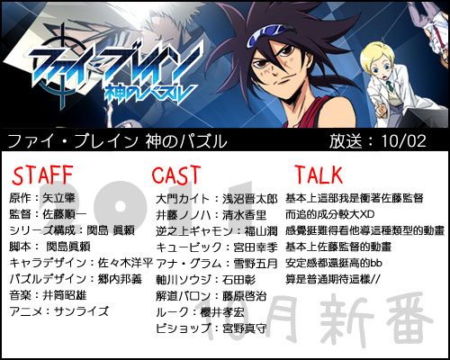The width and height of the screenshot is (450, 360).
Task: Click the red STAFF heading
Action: (42, 175)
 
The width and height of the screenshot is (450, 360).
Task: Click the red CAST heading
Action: (176, 175)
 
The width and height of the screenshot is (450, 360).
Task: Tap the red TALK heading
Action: (319, 175)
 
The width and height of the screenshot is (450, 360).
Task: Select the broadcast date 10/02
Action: (403, 140)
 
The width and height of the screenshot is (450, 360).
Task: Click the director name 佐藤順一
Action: (65, 214)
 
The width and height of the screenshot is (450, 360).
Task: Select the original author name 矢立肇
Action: (58, 198)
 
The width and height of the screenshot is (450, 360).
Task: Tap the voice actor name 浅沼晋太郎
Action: (249, 199)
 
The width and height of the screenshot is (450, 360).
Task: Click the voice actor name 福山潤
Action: (261, 231)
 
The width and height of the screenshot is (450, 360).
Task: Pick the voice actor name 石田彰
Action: (238, 280)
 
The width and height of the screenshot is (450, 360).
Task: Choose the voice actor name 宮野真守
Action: (244, 328)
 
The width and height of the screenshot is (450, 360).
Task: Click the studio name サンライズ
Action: (81, 311)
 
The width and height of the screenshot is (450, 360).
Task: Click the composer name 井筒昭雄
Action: (65, 295)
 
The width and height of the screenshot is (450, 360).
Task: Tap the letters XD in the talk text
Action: (367, 214)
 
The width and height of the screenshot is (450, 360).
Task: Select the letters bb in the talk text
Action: (376, 263)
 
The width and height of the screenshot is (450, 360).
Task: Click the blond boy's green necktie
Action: (389, 85)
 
